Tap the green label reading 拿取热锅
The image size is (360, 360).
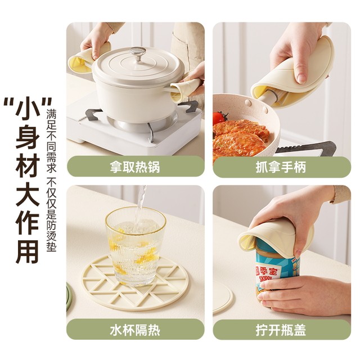135,166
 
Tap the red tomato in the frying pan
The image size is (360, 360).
219,118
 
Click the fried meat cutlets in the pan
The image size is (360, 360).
239,138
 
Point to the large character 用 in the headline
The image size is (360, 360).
26,250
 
